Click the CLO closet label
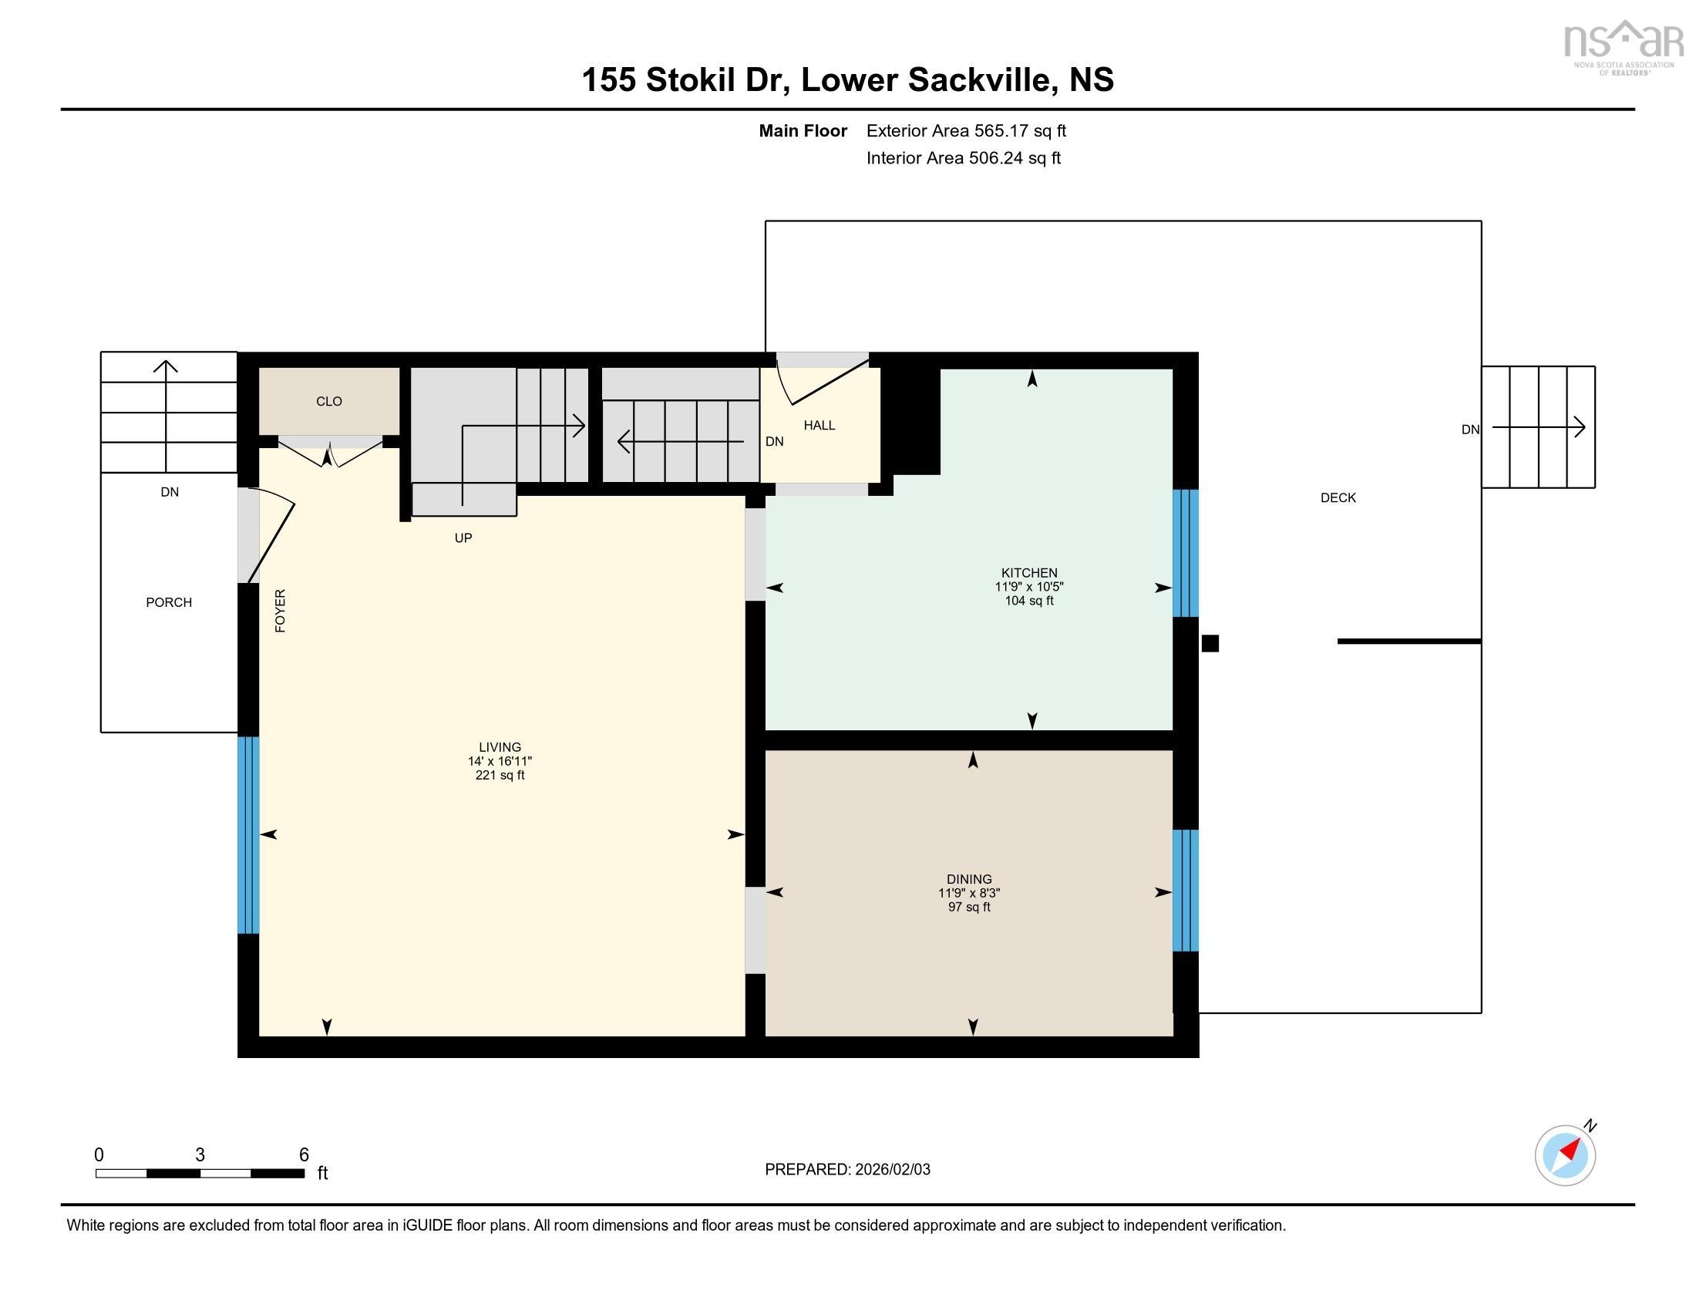click(x=328, y=402)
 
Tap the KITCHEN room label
click(x=1029, y=573)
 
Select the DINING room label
click(x=968, y=879)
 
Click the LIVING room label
click(x=500, y=747)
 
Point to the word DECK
click(x=1338, y=498)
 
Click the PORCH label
click(x=169, y=603)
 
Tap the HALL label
click(x=819, y=426)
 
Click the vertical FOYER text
click(x=281, y=611)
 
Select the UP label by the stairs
click(x=463, y=538)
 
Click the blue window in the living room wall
click(x=247, y=835)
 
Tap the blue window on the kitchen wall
click(x=1185, y=553)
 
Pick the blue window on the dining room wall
click(x=1185, y=890)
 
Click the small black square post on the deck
click(x=1210, y=643)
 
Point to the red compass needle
click(x=1570, y=1150)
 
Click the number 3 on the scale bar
click(x=200, y=1155)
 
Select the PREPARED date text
click(x=847, y=1170)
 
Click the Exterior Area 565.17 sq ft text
click(x=965, y=131)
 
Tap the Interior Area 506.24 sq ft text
click(x=963, y=158)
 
